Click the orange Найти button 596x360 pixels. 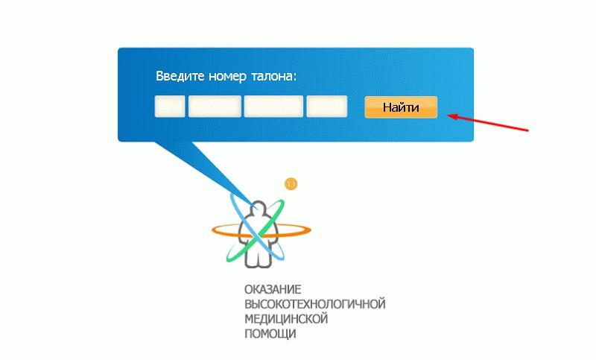click(x=401, y=107)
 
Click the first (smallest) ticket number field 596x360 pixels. click(x=170, y=107)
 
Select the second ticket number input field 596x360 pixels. click(x=215, y=107)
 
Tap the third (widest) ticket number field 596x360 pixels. click(x=273, y=107)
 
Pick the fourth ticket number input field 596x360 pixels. click(x=327, y=107)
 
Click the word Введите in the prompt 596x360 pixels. click(x=180, y=76)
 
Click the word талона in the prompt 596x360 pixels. click(x=273, y=77)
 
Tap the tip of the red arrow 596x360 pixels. click(x=448, y=116)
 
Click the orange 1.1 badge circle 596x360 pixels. click(x=291, y=184)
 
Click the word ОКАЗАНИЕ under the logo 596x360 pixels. click(x=273, y=290)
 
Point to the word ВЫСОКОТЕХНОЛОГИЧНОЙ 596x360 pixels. click(x=314, y=304)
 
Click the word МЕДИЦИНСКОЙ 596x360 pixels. click(x=286, y=318)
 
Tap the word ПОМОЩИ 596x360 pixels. click(x=270, y=333)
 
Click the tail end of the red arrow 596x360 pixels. click(x=528, y=130)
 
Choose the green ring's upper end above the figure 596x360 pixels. click(x=282, y=202)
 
